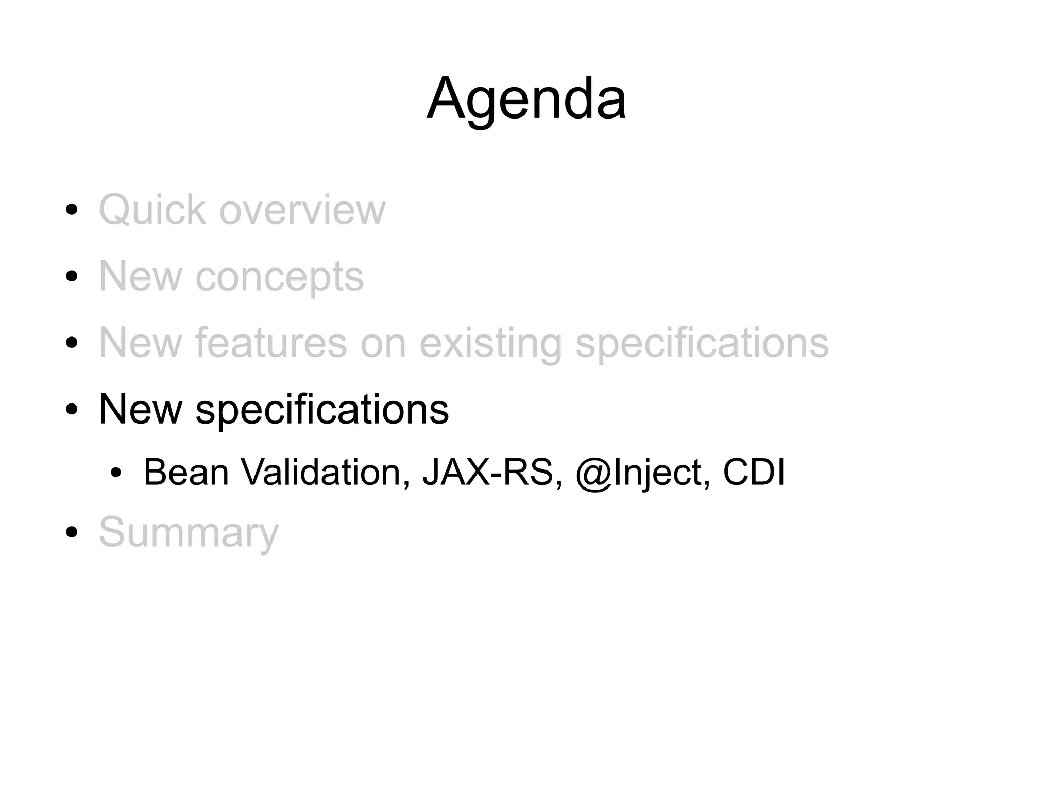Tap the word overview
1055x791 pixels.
tap(302, 210)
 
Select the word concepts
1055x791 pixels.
tap(279, 277)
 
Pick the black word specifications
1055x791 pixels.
tap(322, 410)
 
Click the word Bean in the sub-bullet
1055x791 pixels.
tap(186, 472)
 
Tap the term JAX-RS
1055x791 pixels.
tap(492, 472)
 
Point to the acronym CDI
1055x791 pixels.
tap(754, 472)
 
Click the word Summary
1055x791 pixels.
tap(189, 533)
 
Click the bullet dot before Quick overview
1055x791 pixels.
tap(72, 210)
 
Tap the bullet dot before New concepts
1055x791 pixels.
tap(72, 276)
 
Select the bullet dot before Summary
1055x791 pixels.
tap(72, 532)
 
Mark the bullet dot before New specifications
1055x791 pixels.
tap(72, 409)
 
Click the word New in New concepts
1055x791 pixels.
tap(140, 276)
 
